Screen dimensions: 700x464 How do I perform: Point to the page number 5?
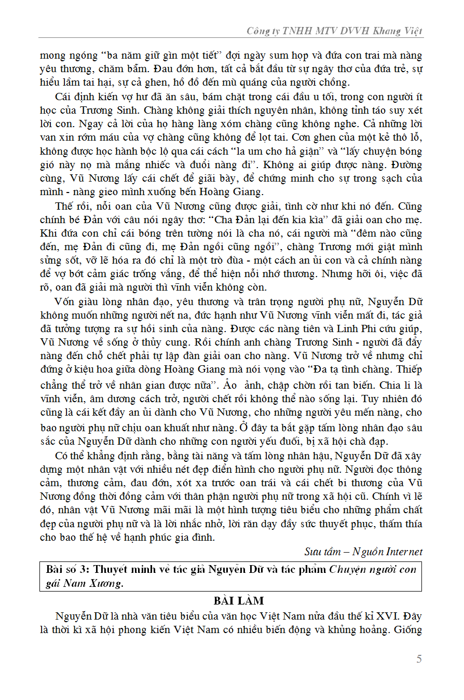419,659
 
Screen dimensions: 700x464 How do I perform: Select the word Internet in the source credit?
404,552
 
